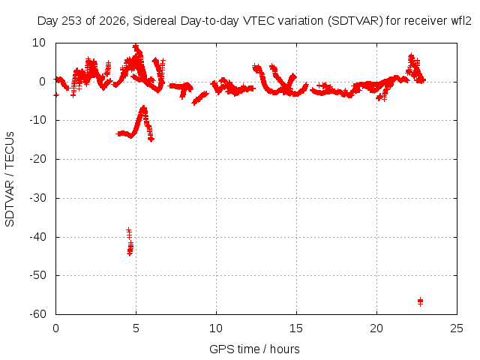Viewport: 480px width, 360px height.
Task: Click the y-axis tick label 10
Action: pyautogui.click(x=39, y=43)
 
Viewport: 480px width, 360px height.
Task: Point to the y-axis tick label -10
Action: pyautogui.click(x=38, y=120)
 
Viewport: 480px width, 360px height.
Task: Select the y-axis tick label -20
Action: pyautogui.click(x=38, y=159)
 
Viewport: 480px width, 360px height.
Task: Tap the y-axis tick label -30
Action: pyautogui.click(x=38, y=198)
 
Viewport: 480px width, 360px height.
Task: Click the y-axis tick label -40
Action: pyautogui.click(x=38, y=237)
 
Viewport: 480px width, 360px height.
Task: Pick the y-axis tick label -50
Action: pyautogui.click(x=38, y=275)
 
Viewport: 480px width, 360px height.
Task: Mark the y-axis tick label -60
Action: pyautogui.click(x=38, y=314)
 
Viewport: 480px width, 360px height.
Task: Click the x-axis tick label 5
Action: pyautogui.click(x=136, y=328)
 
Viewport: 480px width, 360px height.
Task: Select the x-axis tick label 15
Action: pyautogui.click(x=296, y=328)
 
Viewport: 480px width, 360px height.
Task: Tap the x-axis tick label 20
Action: pyautogui.click(x=376, y=328)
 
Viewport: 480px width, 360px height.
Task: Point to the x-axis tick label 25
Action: pyautogui.click(x=457, y=328)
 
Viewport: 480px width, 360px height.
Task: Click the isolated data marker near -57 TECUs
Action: pyautogui.click(x=420, y=301)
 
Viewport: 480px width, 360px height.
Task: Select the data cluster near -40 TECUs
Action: pyautogui.click(x=130, y=241)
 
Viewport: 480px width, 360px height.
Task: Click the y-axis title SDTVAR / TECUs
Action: pyautogui.click(x=10, y=179)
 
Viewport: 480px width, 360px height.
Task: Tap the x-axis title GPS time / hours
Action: pyautogui.click(x=254, y=349)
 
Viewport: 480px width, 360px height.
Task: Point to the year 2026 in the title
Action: pyautogui.click(x=112, y=21)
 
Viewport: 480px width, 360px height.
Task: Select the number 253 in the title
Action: pyautogui.click(x=72, y=21)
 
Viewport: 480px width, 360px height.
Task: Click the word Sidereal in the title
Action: pyautogui.click(x=154, y=21)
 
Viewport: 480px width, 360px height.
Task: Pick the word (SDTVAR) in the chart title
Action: pyautogui.click(x=355, y=21)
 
